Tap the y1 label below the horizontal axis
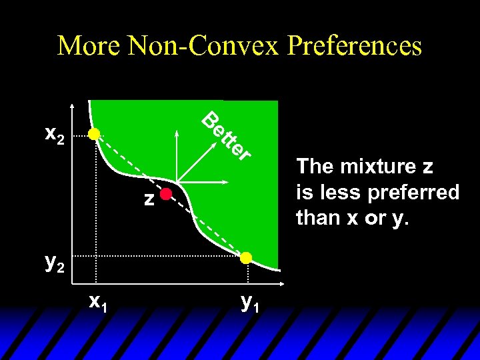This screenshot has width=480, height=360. pos(250,303)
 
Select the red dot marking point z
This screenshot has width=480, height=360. pos(165,195)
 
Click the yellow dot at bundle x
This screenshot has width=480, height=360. pos(95,135)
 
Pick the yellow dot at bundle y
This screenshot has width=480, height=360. pos(246,257)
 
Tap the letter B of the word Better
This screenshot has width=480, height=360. pos(212,121)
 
